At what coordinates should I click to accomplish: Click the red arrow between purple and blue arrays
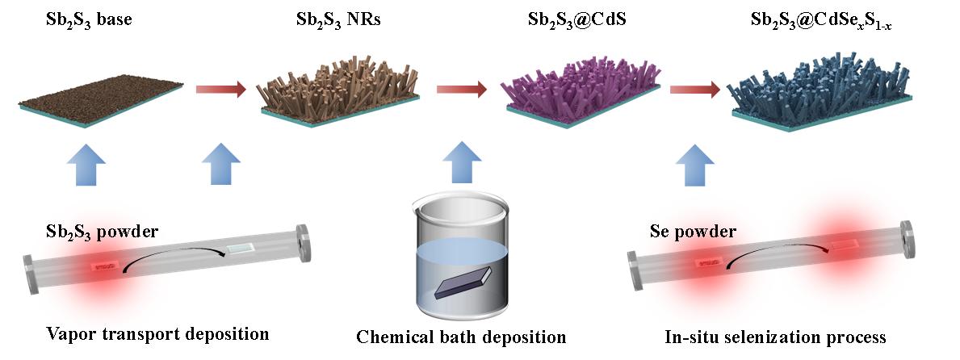[x=694, y=90]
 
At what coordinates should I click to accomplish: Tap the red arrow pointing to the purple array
[x=462, y=90]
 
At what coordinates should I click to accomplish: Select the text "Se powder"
[x=693, y=232]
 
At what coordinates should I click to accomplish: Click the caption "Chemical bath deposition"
[x=462, y=336]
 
